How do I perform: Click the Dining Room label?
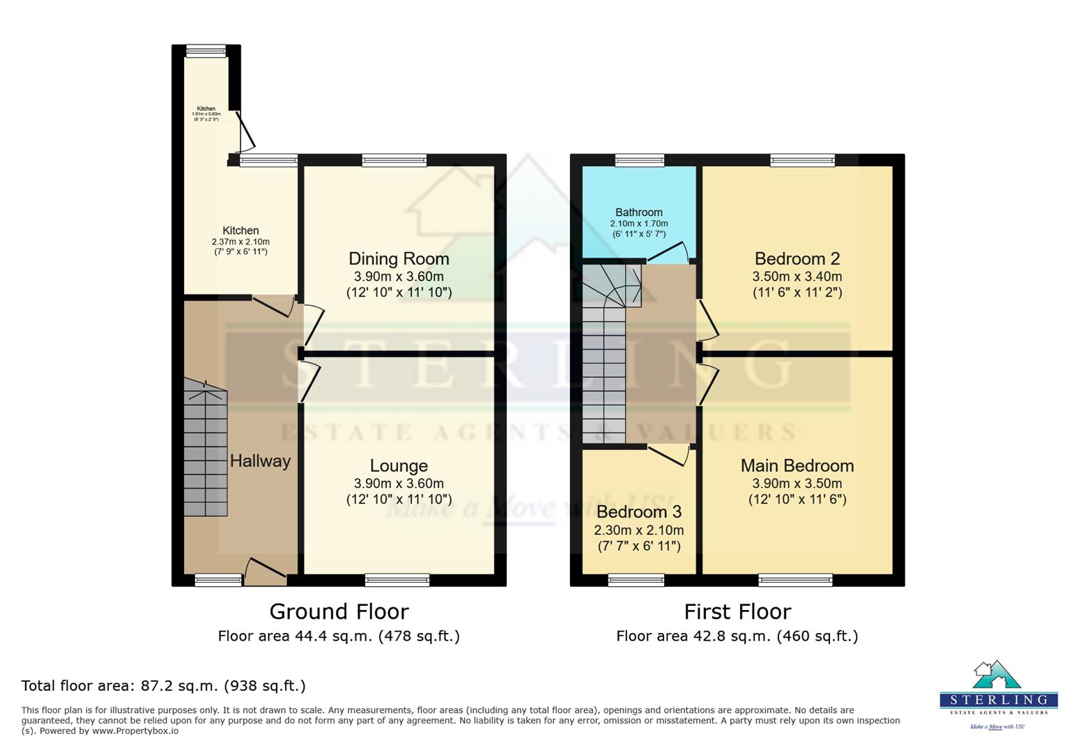point(399,259)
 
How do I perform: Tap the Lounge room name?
point(399,466)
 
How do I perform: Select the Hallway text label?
point(260,461)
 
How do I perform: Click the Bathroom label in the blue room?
point(638,212)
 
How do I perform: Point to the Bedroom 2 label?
point(797,259)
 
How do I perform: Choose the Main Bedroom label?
point(797,466)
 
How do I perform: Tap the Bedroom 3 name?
point(638,512)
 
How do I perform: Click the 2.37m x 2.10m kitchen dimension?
point(240,242)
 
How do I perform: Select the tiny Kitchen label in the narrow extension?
point(206,109)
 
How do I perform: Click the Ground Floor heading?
point(339,611)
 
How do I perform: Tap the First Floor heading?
point(737,611)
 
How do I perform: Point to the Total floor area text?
point(163,686)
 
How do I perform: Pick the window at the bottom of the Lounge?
point(397,579)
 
